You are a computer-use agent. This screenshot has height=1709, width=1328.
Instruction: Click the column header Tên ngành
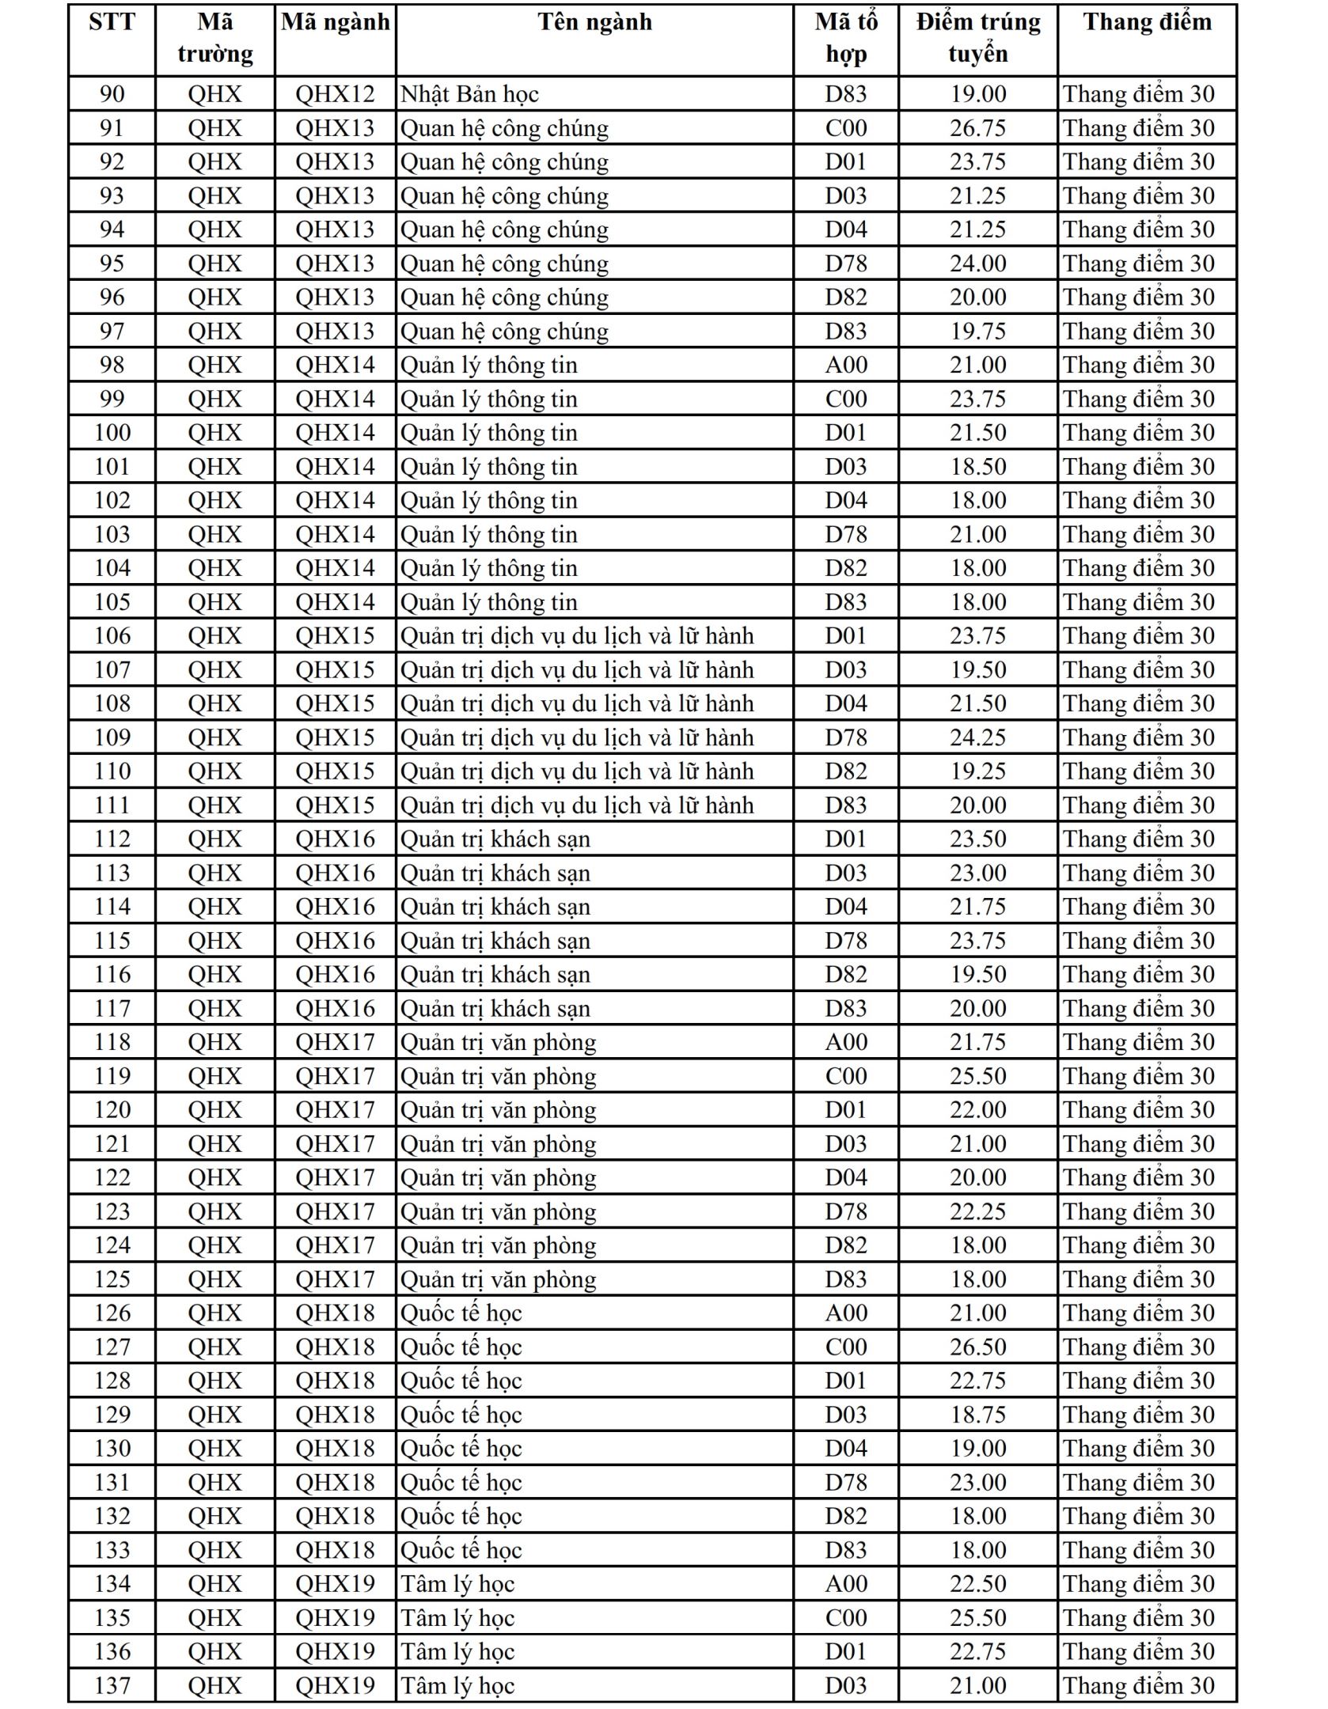(594, 22)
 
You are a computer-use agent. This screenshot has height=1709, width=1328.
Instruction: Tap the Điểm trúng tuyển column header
(978, 38)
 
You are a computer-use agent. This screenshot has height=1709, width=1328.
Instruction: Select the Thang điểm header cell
(1147, 22)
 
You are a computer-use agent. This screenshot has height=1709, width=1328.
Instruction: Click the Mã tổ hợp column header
(846, 38)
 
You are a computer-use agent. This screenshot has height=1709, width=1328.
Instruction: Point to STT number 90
(112, 94)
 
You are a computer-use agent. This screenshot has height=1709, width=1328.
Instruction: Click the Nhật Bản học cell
(469, 94)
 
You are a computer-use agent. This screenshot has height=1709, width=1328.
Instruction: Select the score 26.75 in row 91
(978, 128)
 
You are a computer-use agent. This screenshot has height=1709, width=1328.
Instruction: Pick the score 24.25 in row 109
(978, 737)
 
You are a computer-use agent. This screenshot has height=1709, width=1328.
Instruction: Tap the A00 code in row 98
(846, 365)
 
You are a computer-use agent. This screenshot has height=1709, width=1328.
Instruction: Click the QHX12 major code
(335, 94)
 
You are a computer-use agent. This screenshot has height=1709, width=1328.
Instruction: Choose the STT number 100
(112, 433)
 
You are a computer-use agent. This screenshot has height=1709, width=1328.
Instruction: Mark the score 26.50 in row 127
(978, 1347)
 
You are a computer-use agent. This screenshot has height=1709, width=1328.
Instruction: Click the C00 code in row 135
(846, 1618)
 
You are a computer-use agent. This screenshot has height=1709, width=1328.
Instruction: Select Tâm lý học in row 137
(457, 1686)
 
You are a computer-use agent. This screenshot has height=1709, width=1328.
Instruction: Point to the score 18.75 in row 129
(978, 1415)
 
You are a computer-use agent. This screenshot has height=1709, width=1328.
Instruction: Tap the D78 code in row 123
(846, 1211)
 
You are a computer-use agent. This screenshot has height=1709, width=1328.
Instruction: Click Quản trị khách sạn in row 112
(495, 839)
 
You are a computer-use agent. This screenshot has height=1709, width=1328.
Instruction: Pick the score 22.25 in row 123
(978, 1211)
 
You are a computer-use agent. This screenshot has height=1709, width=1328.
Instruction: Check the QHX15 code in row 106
(335, 636)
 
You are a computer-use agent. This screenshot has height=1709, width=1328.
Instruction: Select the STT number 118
(112, 1042)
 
